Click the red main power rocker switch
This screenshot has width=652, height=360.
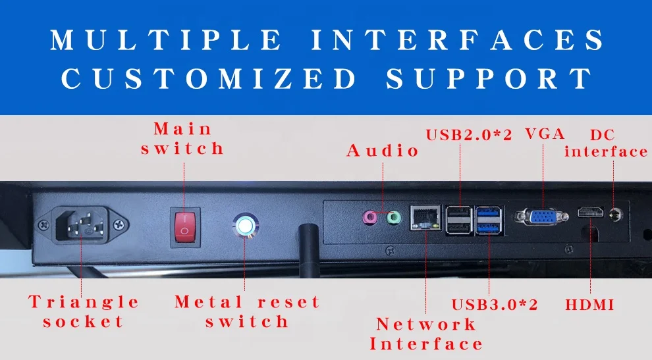(x=184, y=225)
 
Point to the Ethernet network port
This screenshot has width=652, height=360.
(x=425, y=218)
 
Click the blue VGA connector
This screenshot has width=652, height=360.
(x=541, y=218)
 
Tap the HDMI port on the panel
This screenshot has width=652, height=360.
(x=591, y=213)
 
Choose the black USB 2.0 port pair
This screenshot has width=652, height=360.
(x=460, y=219)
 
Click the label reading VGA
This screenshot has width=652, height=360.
(x=545, y=134)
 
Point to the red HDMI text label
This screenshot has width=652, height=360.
(x=589, y=305)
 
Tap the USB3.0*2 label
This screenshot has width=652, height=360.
(x=495, y=305)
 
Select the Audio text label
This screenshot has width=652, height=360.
(x=383, y=151)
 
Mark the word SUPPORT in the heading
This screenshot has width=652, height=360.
(x=489, y=79)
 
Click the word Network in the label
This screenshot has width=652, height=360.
(x=426, y=324)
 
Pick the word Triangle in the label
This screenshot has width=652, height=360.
(x=84, y=302)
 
